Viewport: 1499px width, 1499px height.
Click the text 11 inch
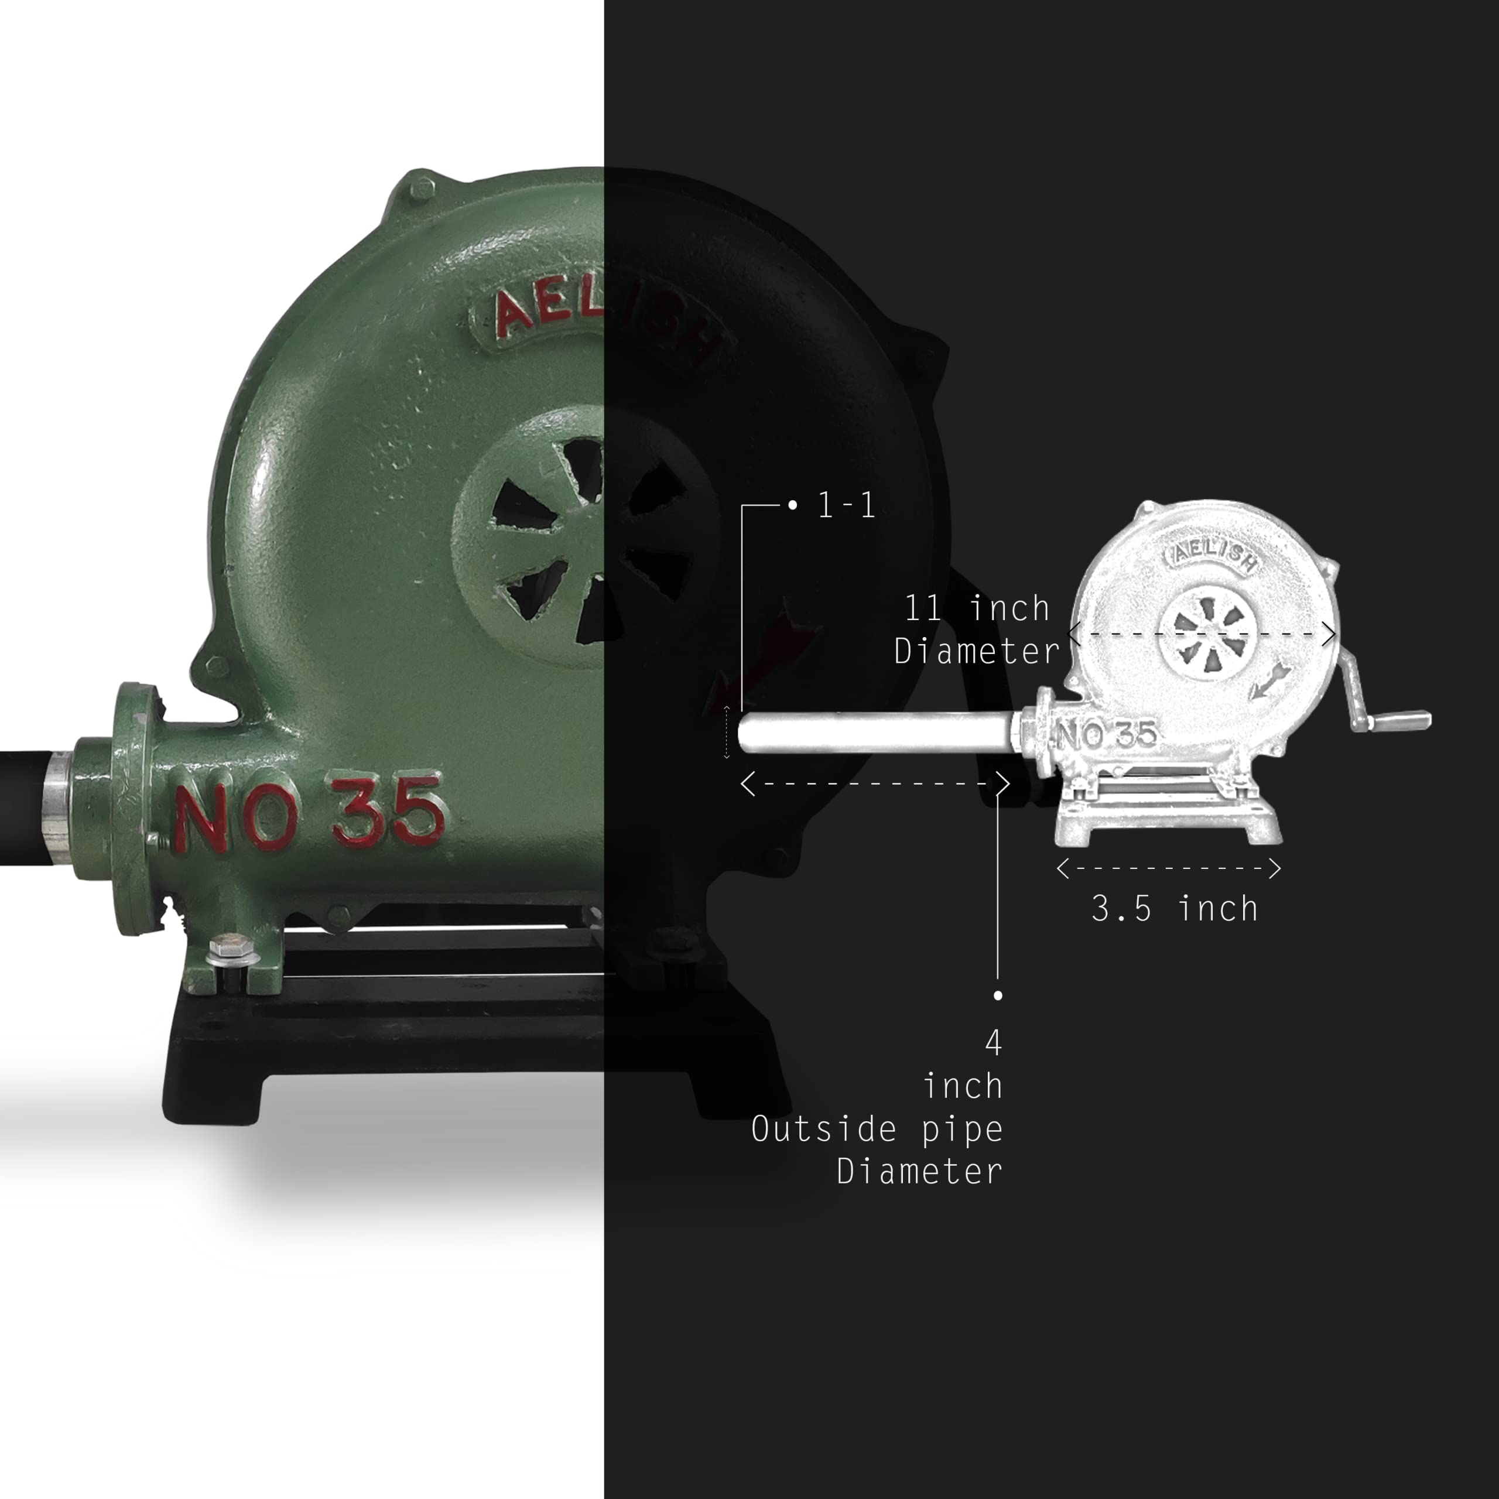click(977, 608)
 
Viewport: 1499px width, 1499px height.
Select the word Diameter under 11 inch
click(976, 651)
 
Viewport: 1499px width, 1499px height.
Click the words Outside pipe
click(877, 1129)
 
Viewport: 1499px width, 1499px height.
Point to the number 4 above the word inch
click(993, 1043)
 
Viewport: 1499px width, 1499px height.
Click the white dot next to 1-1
click(792, 505)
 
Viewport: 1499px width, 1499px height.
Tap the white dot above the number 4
click(998, 995)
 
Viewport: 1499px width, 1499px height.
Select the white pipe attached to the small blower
click(877, 733)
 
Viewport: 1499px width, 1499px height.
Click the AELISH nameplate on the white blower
click(1210, 555)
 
